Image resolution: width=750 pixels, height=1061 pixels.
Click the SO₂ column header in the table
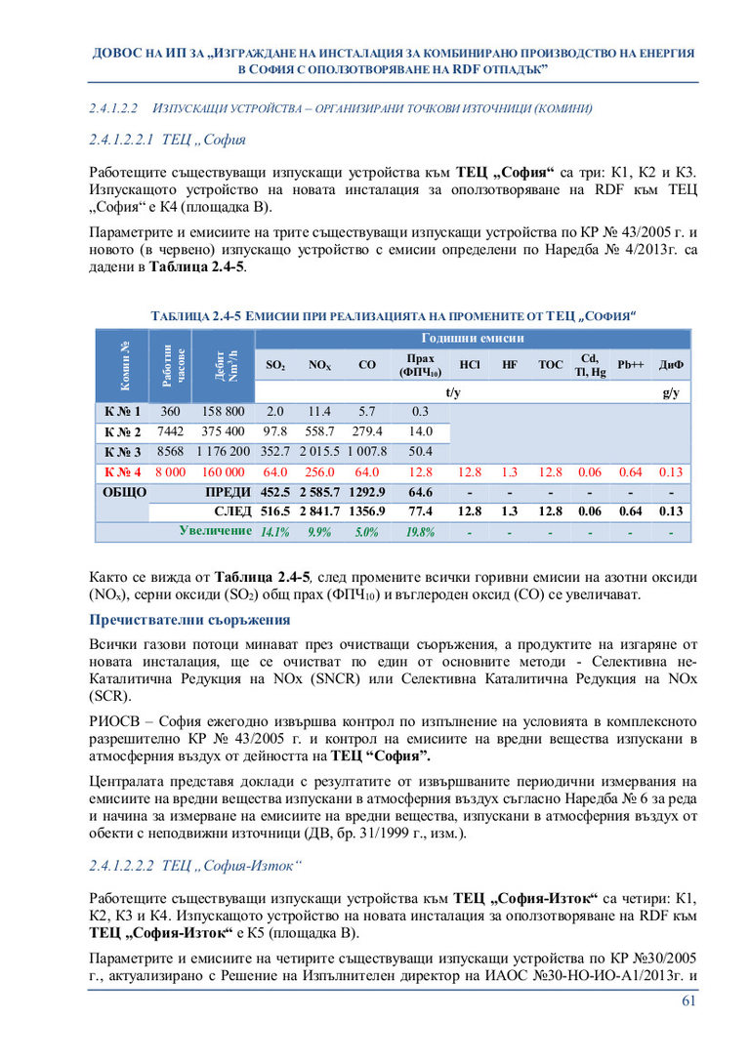[x=275, y=365]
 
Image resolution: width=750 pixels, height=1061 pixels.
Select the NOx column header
[x=319, y=365]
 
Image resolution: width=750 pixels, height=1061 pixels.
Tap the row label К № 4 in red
[x=123, y=472]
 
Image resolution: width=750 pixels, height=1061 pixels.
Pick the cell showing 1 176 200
[x=223, y=452]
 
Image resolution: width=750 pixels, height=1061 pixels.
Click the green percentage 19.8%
[x=421, y=533]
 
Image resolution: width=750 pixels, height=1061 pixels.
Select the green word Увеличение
[x=215, y=531]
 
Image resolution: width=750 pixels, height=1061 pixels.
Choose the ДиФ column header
[x=671, y=365]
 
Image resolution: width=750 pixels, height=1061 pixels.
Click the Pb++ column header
[x=631, y=364]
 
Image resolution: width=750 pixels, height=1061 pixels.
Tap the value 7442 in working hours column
[x=171, y=431]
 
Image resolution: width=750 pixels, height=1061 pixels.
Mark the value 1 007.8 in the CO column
[x=367, y=452]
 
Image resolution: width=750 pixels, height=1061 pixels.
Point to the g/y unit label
[x=670, y=392]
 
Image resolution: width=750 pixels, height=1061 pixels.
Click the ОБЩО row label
[x=125, y=492]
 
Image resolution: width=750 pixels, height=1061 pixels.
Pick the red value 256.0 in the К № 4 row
[x=319, y=472]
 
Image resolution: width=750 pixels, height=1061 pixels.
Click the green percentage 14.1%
[x=275, y=533]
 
